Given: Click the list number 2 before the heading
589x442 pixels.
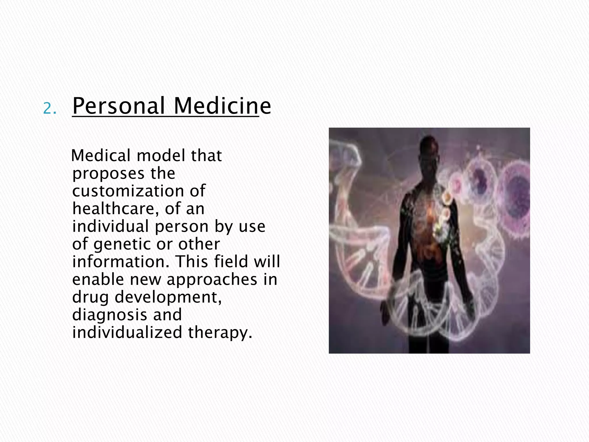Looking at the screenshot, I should click(49, 109).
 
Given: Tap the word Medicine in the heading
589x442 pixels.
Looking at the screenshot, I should click(222, 106).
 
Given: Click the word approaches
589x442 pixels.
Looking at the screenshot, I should click(212, 279).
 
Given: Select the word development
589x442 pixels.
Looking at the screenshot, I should click(168, 297).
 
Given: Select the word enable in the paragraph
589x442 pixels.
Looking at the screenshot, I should click(98, 279).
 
